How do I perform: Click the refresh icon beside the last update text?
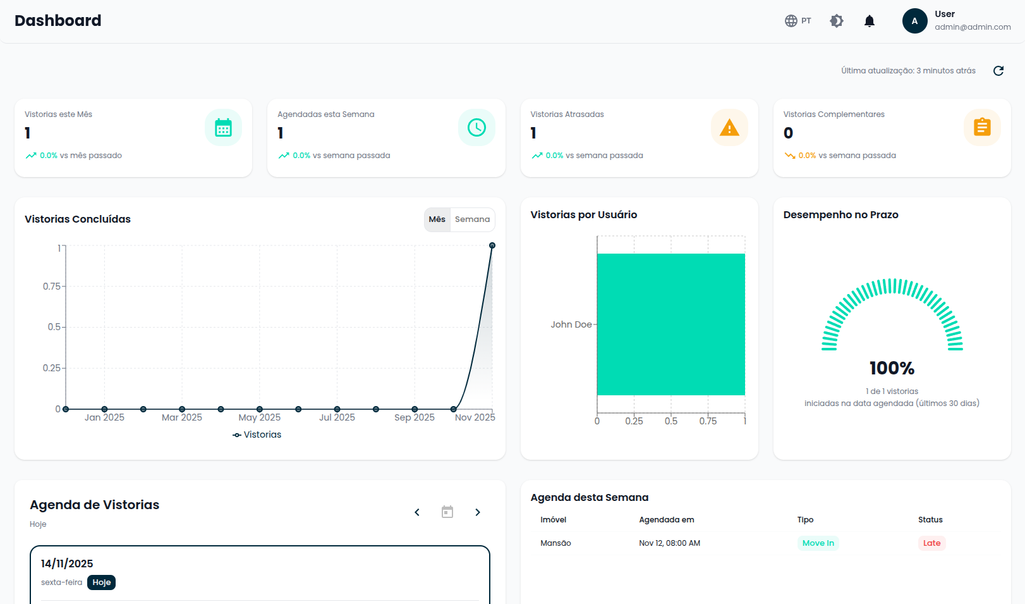[998, 71]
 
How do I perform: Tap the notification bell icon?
[870, 21]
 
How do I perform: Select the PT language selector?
[798, 21]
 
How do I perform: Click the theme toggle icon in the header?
[837, 21]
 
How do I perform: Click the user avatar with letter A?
[914, 21]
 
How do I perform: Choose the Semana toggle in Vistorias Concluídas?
[472, 219]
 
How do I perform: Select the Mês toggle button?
[437, 219]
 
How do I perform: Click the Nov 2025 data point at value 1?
[492, 245]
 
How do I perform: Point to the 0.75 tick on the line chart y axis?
[52, 287]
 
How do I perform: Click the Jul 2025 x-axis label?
[337, 417]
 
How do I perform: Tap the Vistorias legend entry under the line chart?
[257, 435]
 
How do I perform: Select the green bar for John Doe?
[670, 324]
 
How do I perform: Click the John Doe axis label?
[571, 324]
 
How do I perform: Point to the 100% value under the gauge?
[892, 368]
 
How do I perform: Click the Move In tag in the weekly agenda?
[818, 543]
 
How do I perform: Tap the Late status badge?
[931, 543]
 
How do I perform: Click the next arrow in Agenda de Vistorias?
[478, 512]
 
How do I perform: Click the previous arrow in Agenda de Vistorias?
[417, 512]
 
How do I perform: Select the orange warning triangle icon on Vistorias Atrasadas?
[729, 128]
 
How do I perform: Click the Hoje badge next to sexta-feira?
[101, 582]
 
